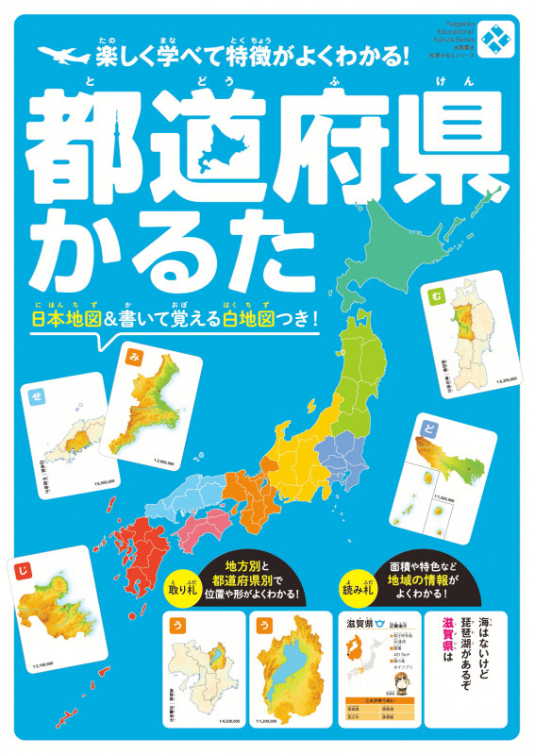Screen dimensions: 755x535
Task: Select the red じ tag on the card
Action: (x=20, y=568)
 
